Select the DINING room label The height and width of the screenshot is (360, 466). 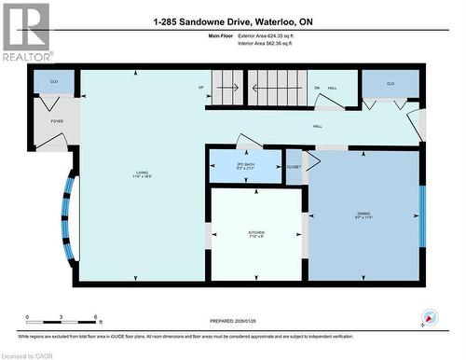(x=363, y=215)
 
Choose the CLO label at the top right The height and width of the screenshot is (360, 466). (x=391, y=84)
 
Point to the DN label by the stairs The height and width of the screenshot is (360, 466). (x=317, y=88)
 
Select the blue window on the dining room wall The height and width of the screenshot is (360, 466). (x=422, y=214)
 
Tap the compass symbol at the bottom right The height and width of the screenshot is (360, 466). (x=430, y=318)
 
